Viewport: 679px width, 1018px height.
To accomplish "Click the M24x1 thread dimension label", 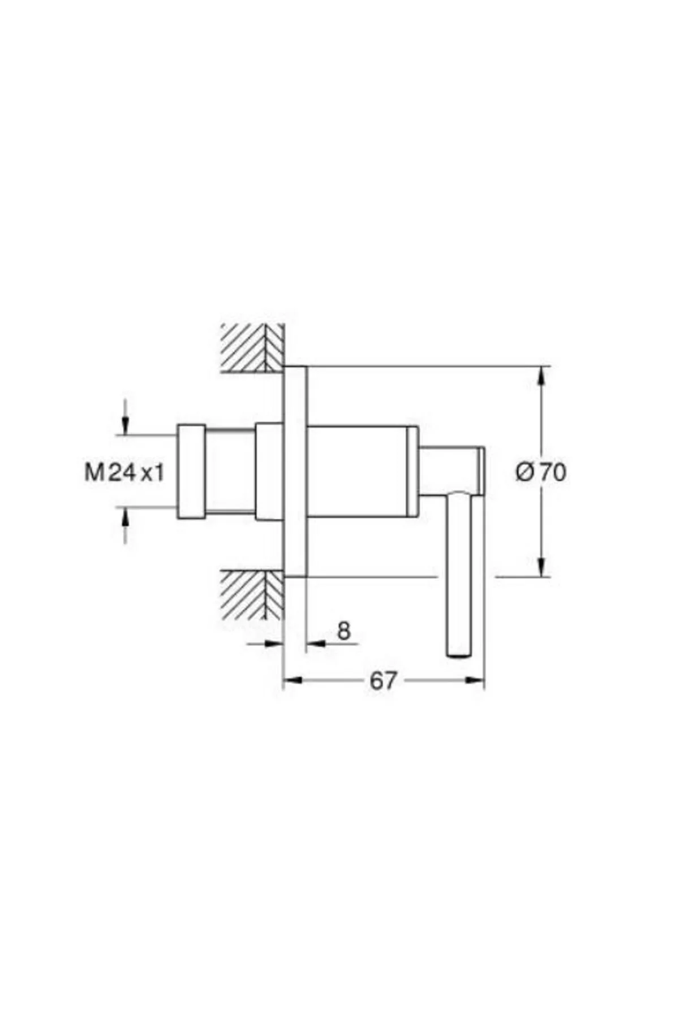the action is click(124, 472).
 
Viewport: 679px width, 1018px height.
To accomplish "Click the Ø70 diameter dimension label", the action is click(540, 472).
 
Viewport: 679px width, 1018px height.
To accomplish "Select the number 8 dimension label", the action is click(344, 631).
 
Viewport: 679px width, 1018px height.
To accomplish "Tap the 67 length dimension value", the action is click(383, 681).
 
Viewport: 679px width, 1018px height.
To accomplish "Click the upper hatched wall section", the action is click(252, 348).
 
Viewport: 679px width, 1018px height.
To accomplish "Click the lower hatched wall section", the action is click(252, 594).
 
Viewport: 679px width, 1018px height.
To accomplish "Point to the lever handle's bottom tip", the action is click(459, 655).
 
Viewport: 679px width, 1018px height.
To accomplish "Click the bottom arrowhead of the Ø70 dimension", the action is click(542, 567).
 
